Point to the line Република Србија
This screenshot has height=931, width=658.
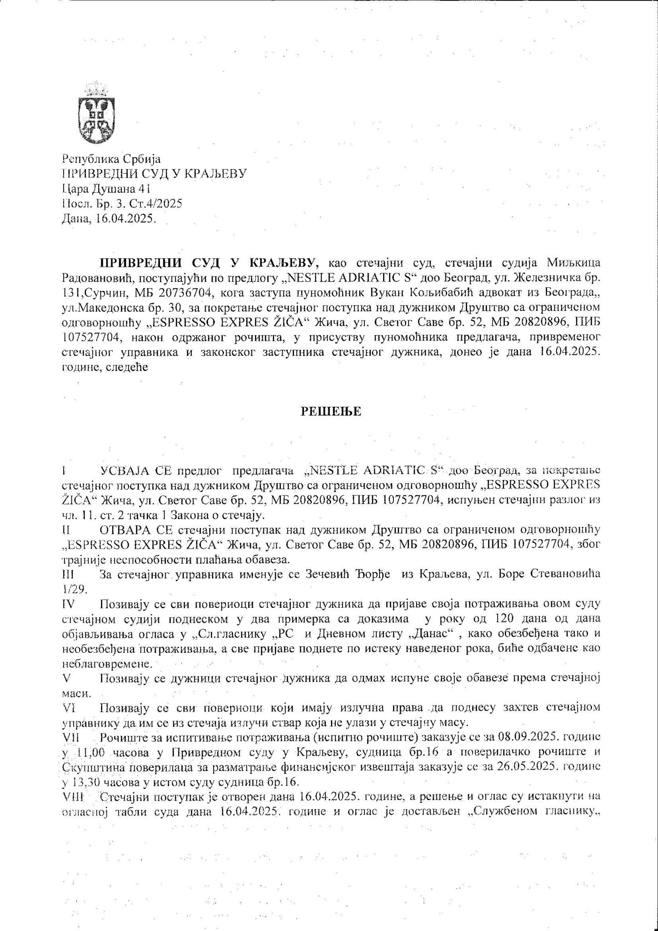click(x=111, y=160)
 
